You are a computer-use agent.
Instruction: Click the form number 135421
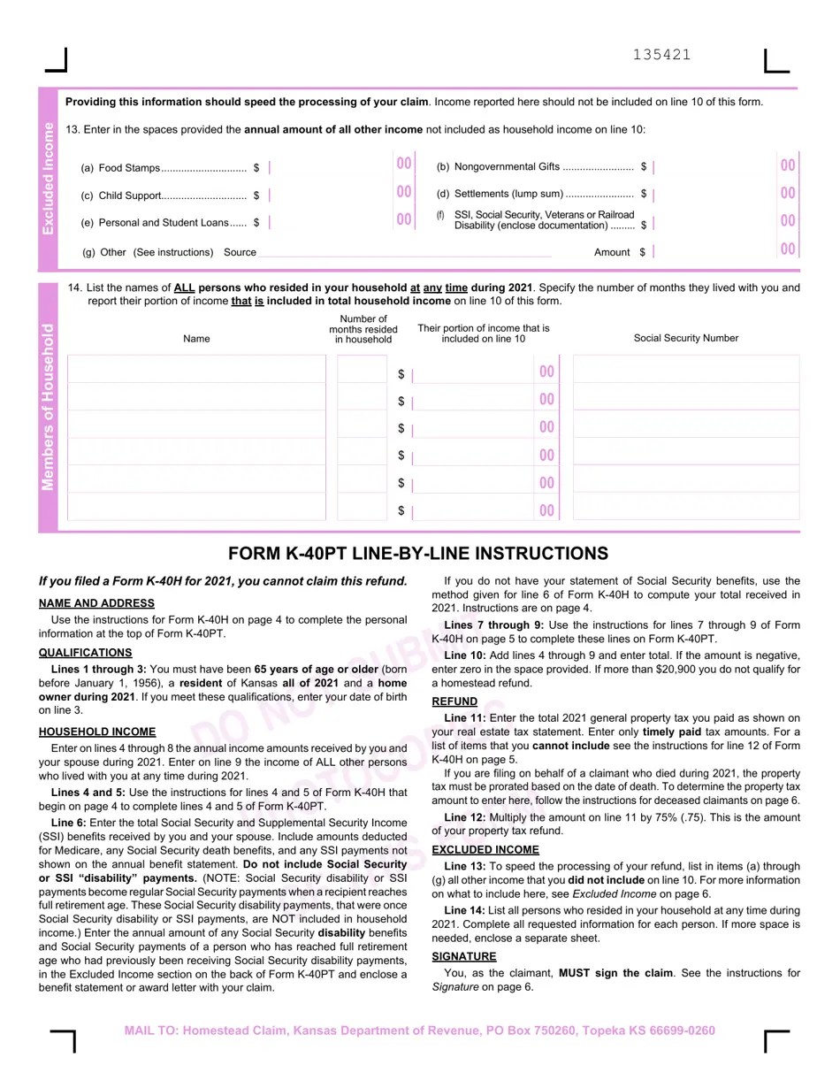click(661, 55)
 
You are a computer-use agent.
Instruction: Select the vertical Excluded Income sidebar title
click(49, 178)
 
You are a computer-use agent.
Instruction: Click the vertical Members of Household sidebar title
click(49, 407)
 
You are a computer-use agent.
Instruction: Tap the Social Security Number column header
click(685, 338)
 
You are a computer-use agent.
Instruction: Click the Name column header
click(196, 338)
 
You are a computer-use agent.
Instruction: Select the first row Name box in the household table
click(196, 370)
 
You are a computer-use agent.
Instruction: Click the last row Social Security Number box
click(685, 507)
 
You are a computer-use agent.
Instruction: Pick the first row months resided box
click(362, 370)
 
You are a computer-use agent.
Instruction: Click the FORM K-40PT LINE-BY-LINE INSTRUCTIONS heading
click(418, 554)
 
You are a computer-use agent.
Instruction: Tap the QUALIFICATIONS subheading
click(86, 653)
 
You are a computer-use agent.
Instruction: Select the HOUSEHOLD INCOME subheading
click(97, 732)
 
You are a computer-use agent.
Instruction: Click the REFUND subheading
click(454, 701)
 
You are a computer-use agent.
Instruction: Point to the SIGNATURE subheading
click(464, 957)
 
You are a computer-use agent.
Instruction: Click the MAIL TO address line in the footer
click(419, 1031)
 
